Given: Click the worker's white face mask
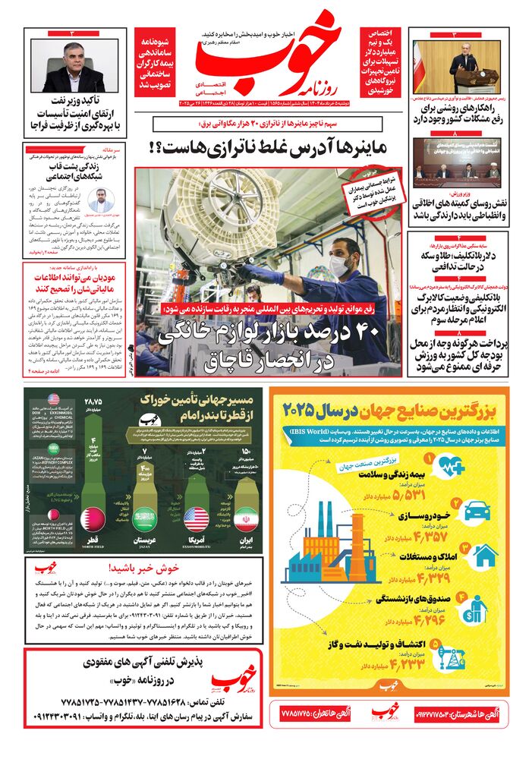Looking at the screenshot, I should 339,265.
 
